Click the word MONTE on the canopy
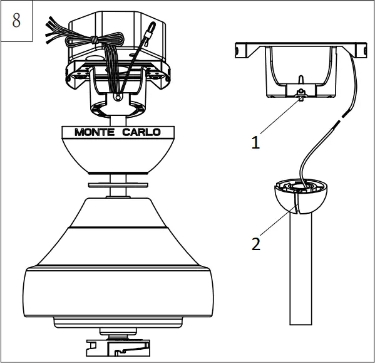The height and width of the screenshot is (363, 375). tap(94, 132)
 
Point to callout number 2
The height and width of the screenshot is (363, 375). tap(255, 244)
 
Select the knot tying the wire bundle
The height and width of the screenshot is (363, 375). tap(93, 41)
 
